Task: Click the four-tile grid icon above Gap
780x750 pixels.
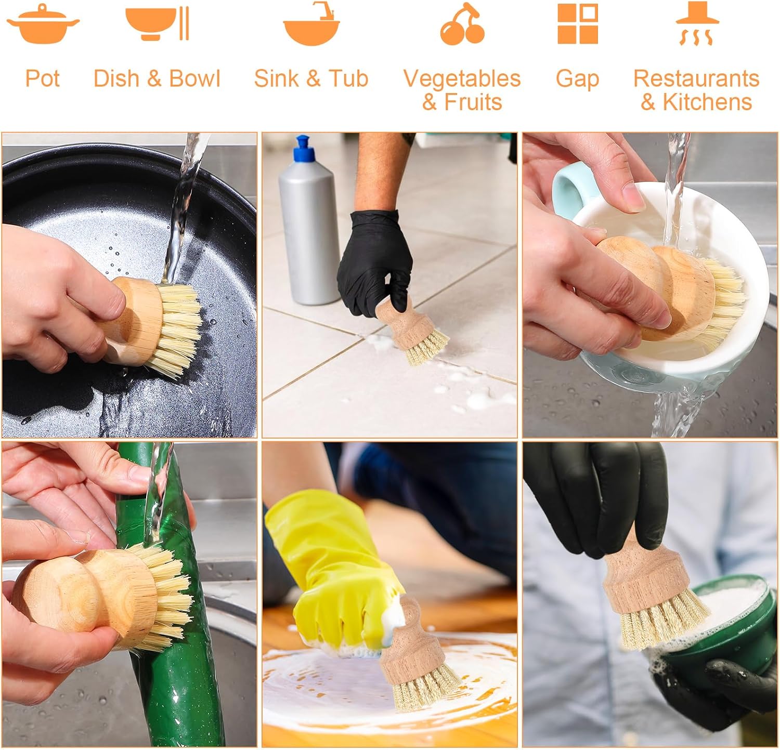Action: (577, 24)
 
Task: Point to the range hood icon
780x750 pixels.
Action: (697, 23)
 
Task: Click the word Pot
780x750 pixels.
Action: (43, 78)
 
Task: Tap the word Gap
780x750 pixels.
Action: (577, 80)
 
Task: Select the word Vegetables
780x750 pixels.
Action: (462, 79)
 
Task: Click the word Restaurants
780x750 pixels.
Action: (696, 78)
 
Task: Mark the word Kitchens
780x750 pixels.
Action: (707, 102)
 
